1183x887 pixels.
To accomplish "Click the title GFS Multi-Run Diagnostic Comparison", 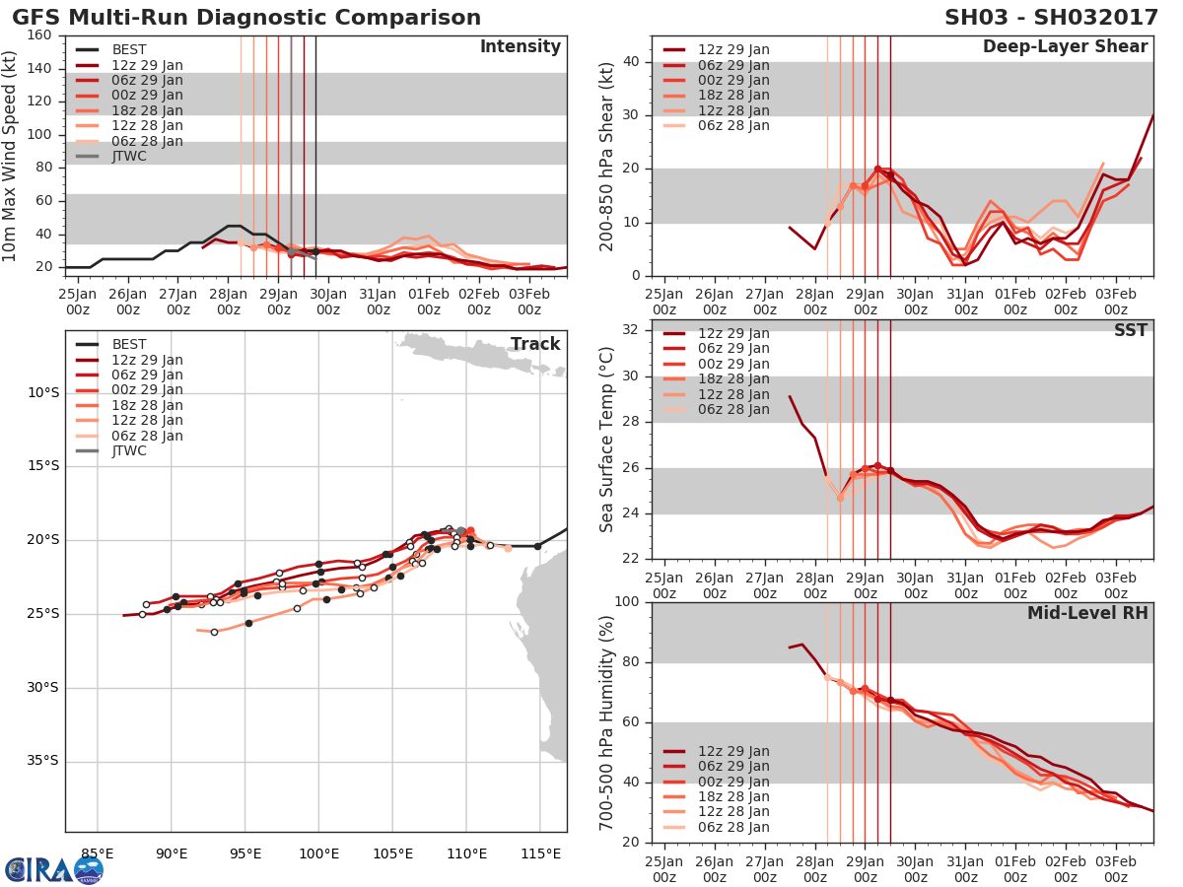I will (x=246, y=18).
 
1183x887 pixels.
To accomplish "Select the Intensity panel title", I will (x=520, y=47).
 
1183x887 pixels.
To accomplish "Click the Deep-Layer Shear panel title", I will (x=1065, y=47).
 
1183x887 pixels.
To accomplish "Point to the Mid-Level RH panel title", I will (x=1087, y=614).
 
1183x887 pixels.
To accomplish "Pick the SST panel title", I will (x=1130, y=331).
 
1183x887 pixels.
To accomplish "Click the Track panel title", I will (x=535, y=344).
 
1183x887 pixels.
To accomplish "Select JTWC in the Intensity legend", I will (x=129, y=156).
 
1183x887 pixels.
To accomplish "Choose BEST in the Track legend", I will (x=129, y=344).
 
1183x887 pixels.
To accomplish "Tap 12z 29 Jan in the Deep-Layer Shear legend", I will (x=733, y=49).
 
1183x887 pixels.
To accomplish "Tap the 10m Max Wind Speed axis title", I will (x=11, y=151).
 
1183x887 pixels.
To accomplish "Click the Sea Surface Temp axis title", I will (x=606, y=440).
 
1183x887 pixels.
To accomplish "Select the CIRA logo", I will (x=54, y=869).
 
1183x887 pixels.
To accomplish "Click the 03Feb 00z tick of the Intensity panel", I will (x=529, y=301).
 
